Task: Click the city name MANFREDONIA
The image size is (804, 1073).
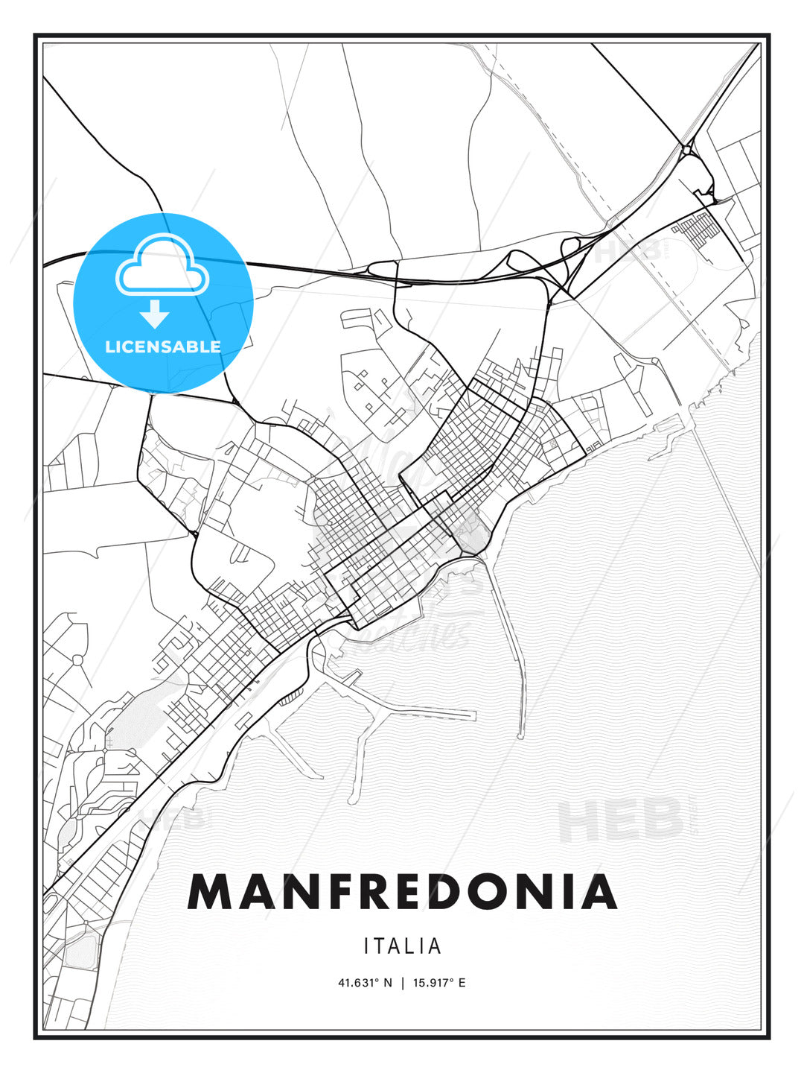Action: coord(402,892)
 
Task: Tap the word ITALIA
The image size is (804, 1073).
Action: coord(403,946)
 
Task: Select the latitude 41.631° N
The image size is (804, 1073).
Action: coord(365,983)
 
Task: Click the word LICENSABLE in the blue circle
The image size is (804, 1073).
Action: coord(163,346)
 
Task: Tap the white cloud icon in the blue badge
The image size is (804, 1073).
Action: coord(162,265)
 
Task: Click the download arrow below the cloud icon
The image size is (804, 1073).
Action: coord(155,314)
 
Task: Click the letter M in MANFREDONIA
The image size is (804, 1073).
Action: coord(212,892)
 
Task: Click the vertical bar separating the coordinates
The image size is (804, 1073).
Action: coord(403,983)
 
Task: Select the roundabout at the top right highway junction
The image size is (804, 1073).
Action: coord(686,150)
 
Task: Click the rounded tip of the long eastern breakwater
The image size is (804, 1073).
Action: coord(520,735)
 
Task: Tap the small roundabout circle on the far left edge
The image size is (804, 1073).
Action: coord(77,659)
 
